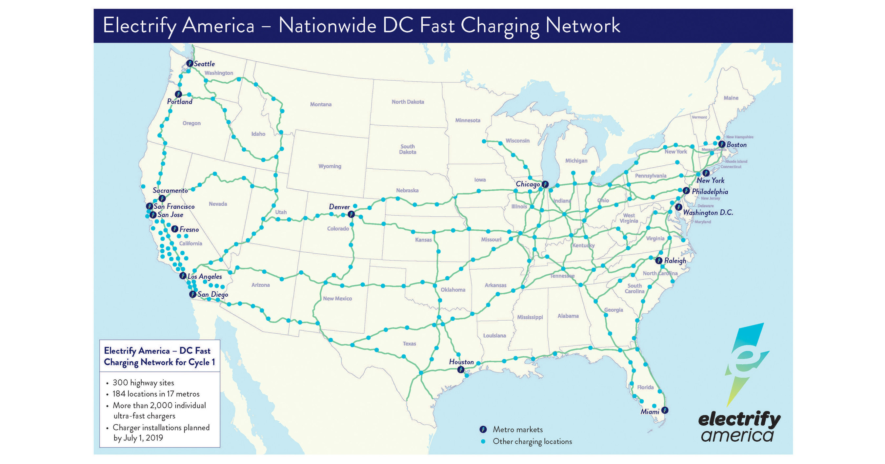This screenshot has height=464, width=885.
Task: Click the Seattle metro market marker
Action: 190,63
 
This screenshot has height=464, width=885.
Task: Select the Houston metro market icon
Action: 461,369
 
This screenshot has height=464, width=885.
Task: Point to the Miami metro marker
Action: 665,410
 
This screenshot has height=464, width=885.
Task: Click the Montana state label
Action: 321,104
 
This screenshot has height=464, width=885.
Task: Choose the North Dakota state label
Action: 408,102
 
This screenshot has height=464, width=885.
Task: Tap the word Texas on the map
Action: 409,344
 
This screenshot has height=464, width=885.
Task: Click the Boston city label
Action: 736,145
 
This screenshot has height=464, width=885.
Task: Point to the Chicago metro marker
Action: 545,184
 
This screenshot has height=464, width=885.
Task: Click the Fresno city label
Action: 189,230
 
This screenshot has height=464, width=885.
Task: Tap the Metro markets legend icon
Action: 483,429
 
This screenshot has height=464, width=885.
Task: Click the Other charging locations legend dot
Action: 483,441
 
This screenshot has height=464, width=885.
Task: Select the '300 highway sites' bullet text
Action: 143,383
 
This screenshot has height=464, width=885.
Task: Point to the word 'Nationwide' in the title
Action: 327,26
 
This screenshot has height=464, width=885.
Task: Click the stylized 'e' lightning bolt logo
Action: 746,361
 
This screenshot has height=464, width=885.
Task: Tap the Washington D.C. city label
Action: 708,213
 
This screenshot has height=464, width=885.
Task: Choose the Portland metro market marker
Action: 178,94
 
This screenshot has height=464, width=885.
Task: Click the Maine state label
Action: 731,98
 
